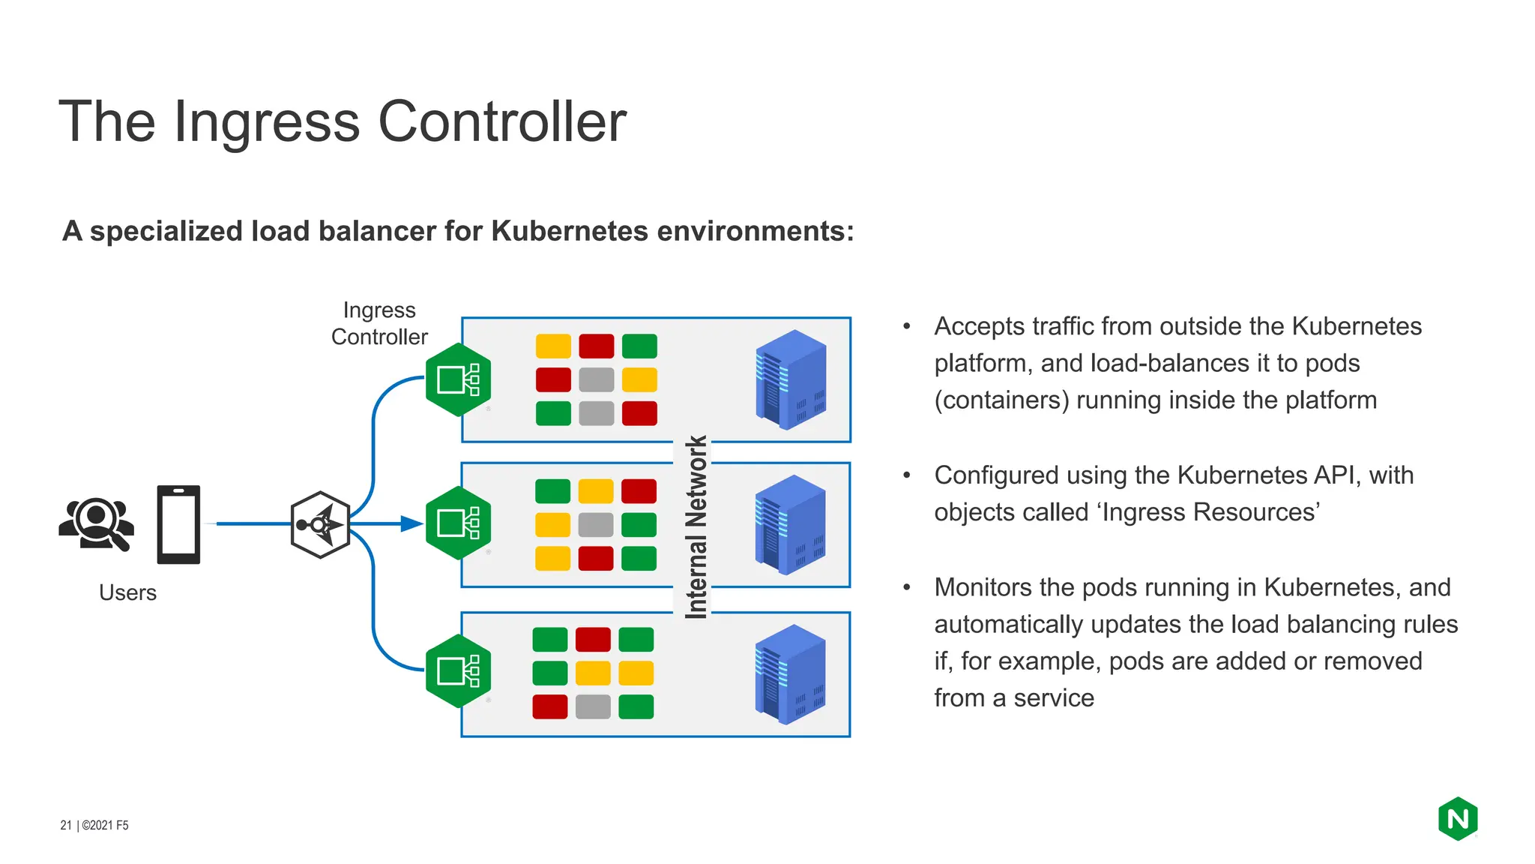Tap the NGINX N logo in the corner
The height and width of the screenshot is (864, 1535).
coord(1457,818)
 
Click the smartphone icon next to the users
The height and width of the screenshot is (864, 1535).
coord(178,524)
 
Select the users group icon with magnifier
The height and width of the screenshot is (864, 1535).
coord(97,523)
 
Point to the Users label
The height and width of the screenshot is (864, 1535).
coord(127,592)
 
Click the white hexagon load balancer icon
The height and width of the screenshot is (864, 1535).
coord(321,524)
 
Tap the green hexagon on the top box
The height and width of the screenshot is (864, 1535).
coord(458,379)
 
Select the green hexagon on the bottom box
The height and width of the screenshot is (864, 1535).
coord(458,670)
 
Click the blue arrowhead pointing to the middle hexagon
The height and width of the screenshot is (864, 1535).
coord(411,523)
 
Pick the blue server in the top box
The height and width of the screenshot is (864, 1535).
coord(791,379)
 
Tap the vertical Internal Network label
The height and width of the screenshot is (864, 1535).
coord(696,526)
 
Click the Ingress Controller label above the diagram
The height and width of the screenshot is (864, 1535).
coord(379,323)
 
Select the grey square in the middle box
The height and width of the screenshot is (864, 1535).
coord(596,524)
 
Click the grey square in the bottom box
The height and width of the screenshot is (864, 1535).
coord(593,706)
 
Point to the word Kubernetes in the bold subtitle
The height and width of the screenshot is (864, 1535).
coord(569,231)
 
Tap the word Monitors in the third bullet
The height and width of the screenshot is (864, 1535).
coord(983,587)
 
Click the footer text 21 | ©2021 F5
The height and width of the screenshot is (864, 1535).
coord(94,825)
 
